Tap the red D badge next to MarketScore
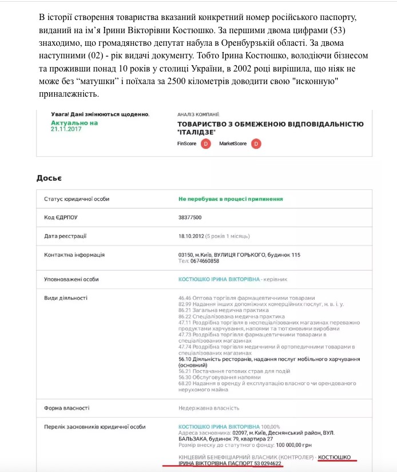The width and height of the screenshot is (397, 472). click(x=256, y=144)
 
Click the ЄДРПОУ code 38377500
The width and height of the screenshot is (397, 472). click(x=190, y=217)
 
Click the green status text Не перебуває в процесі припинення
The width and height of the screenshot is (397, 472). click(x=231, y=199)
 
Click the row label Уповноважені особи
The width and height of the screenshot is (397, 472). click(x=71, y=279)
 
